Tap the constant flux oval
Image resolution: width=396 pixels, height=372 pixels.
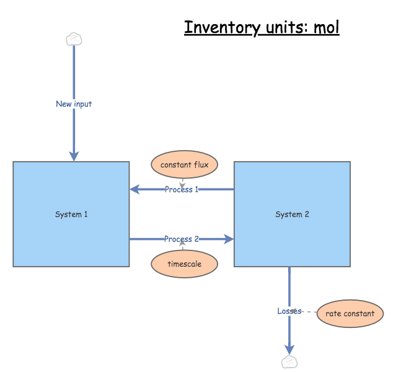click(x=183, y=165)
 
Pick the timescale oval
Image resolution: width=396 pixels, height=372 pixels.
click(x=184, y=263)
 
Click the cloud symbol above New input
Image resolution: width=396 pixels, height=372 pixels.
click(x=74, y=39)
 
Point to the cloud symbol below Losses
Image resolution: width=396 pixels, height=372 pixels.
click(x=289, y=362)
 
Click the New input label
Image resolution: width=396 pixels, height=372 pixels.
click(x=74, y=104)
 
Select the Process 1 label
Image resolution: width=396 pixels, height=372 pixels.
click(x=182, y=189)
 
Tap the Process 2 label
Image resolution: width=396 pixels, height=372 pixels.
click(x=182, y=239)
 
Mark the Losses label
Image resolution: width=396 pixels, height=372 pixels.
click(x=289, y=311)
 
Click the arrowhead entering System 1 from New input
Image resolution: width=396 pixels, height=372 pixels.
click(x=74, y=156)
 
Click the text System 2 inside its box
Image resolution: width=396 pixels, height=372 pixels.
click(x=292, y=215)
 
